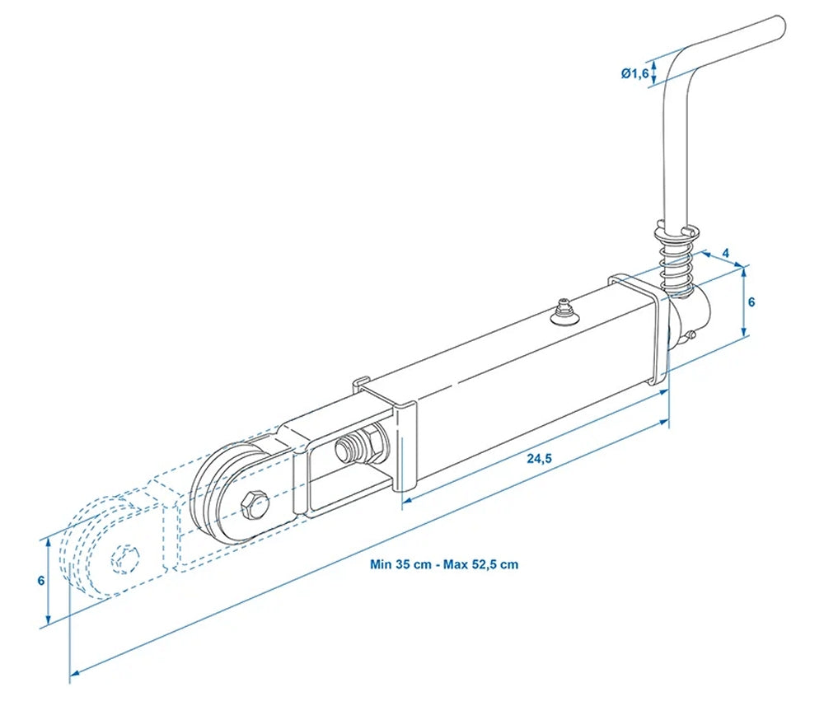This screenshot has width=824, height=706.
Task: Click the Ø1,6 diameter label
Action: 634,73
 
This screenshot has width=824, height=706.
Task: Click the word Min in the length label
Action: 381,564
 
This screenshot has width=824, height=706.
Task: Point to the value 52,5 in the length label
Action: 486,564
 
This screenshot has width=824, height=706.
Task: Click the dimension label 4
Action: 725,252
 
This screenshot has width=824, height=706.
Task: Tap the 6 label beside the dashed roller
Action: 41,580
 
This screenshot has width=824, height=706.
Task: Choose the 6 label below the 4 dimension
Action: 751,302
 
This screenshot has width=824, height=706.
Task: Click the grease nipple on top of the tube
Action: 564,311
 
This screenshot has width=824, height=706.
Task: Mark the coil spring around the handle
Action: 676,257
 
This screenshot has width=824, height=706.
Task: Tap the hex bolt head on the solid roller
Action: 253,503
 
